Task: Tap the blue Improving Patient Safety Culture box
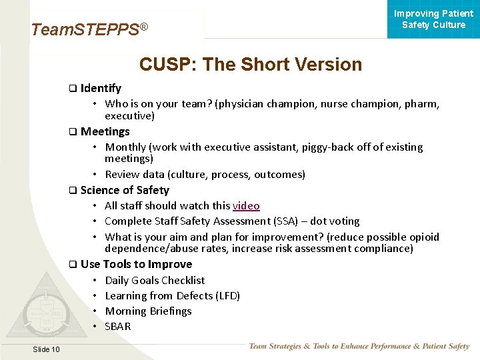(x=433, y=19)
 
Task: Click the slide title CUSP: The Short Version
(x=251, y=65)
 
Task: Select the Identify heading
(x=101, y=88)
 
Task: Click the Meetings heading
(x=105, y=131)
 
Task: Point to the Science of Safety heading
(x=125, y=190)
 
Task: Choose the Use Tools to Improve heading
(x=136, y=264)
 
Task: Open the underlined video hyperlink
(x=246, y=206)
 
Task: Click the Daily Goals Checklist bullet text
(x=155, y=281)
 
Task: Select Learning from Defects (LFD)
(x=172, y=296)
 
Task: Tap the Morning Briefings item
(x=148, y=311)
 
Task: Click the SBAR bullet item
(x=118, y=327)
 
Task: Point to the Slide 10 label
(x=46, y=349)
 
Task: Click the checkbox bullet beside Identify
(x=73, y=89)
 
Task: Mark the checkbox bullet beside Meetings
(x=73, y=132)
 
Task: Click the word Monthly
(x=125, y=147)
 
